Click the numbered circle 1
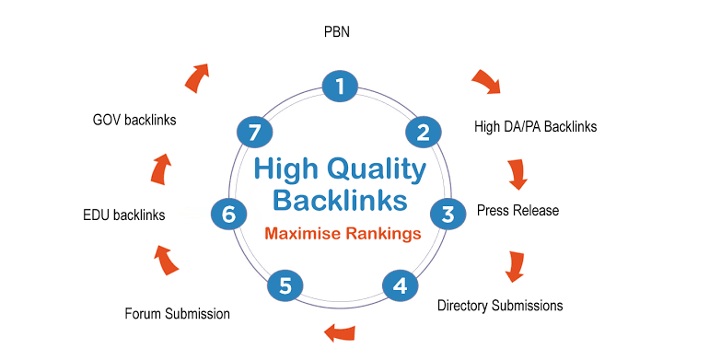(x=340, y=87)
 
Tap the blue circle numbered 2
(x=423, y=132)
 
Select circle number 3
(x=448, y=214)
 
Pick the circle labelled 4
(x=399, y=285)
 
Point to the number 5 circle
(x=285, y=285)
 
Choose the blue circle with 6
(x=228, y=214)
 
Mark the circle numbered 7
(x=254, y=132)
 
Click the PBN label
(x=338, y=33)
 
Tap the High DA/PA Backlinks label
(x=535, y=126)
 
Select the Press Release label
(x=517, y=211)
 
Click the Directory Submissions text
(x=500, y=305)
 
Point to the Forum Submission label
(x=177, y=314)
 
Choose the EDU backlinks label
(x=123, y=215)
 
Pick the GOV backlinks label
(x=134, y=120)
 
